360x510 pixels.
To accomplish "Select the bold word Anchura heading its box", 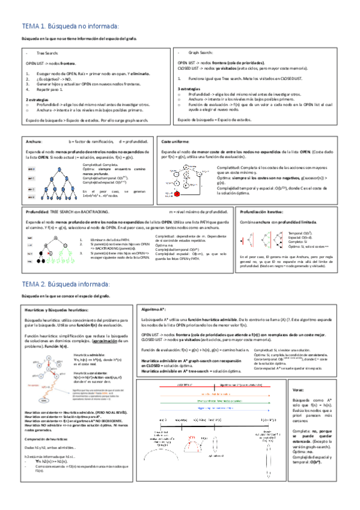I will (34, 141).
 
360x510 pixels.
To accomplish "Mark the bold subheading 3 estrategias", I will (192, 89).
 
